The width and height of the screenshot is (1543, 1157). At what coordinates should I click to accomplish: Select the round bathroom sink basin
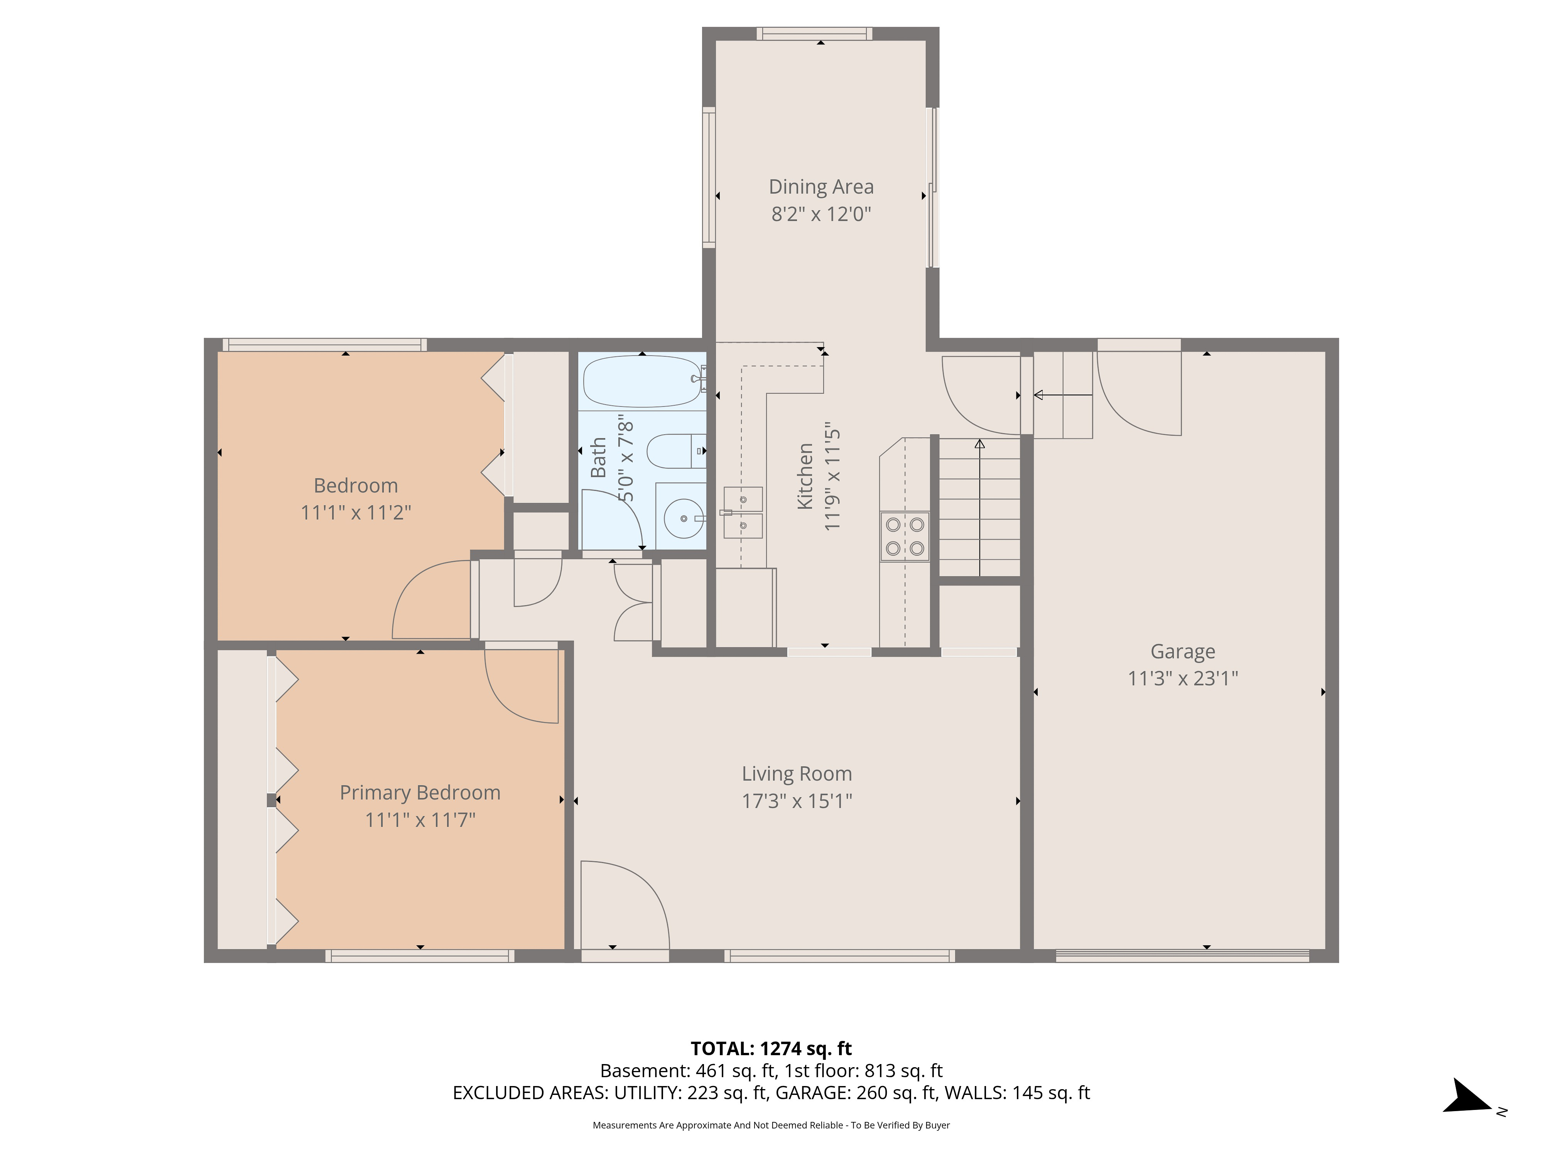coord(684,518)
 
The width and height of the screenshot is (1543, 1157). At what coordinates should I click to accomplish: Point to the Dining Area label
coord(821,187)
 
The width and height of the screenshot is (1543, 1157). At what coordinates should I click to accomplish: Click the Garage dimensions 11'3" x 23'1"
coord(1183,678)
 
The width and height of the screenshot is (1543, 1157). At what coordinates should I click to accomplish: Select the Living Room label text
coord(797,774)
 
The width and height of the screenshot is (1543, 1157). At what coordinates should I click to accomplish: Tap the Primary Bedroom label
coord(420,793)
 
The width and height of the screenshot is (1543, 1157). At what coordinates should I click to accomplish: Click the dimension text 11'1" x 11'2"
coord(356,513)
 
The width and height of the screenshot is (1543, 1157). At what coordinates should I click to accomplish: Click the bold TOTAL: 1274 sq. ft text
coord(771,1049)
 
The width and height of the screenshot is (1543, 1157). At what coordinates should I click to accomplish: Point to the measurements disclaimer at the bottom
coord(771,1125)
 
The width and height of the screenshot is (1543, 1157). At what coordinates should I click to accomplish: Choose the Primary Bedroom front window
coord(420,956)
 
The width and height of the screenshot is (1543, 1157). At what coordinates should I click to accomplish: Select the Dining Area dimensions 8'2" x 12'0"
coord(821,214)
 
